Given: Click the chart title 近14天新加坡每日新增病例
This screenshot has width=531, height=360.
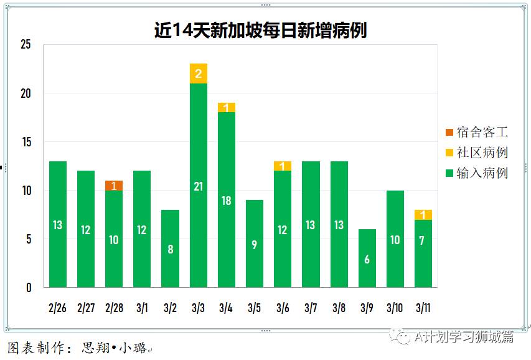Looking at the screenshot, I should click(260, 31).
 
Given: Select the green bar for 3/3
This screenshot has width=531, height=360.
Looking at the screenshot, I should click(199, 185).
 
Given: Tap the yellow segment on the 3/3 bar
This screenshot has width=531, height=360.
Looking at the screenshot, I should click(199, 73).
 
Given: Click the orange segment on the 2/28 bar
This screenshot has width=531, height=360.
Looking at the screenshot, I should click(114, 186).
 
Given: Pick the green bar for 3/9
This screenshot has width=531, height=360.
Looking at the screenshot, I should click(367, 258).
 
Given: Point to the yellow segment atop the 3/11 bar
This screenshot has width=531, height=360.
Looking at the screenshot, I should click(423, 215).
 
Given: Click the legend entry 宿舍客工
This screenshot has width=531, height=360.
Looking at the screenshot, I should click(476, 132).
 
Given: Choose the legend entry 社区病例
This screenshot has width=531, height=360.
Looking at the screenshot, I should click(476, 153).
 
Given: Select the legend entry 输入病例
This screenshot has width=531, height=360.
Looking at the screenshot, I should click(476, 173).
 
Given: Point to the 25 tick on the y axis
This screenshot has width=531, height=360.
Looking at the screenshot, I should click(26, 45).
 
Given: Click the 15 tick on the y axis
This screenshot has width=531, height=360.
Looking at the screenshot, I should click(26, 142).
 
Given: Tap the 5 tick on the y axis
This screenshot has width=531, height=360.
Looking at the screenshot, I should click(27, 239).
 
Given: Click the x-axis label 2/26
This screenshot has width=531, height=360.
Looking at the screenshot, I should click(57, 308).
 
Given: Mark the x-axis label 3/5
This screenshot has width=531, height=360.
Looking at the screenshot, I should click(255, 308).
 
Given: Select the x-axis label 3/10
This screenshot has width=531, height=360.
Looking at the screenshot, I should click(395, 308).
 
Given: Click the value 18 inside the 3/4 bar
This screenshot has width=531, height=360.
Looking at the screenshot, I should click(227, 201).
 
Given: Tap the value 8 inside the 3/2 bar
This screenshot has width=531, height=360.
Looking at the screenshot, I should click(170, 250).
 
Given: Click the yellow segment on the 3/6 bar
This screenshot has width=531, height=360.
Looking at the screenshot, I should click(283, 166).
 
